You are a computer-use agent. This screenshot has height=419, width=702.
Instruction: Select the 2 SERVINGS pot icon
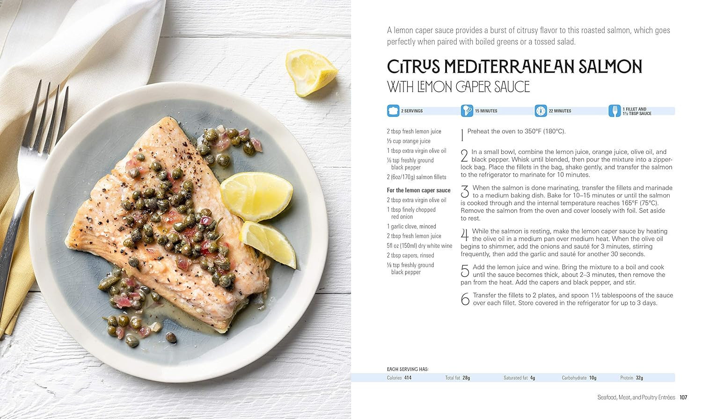click(393, 111)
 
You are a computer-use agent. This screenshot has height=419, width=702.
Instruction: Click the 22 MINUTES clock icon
click(541, 111)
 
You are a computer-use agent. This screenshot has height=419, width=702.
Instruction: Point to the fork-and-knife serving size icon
click(614, 111)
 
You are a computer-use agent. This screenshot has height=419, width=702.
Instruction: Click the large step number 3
click(465, 191)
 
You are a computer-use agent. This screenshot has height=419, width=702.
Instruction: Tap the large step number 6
click(465, 299)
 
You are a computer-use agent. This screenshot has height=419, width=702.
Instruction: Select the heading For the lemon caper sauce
click(419, 190)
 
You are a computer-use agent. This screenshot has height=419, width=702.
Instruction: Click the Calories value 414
click(408, 378)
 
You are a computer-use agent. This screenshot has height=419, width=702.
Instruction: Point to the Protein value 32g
click(639, 378)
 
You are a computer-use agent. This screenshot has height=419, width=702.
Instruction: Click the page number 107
click(683, 397)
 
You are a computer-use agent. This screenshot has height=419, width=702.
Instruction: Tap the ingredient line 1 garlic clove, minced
click(411, 226)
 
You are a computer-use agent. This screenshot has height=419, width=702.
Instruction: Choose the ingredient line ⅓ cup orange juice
click(409, 141)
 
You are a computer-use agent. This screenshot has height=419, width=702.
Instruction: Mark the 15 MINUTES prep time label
click(486, 111)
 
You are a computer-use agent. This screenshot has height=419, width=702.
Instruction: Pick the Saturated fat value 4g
click(533, 378)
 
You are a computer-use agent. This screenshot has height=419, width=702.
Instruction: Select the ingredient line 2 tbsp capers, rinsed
click(410, 255)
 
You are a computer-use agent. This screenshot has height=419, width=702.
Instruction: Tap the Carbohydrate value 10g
click(592, 378)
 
